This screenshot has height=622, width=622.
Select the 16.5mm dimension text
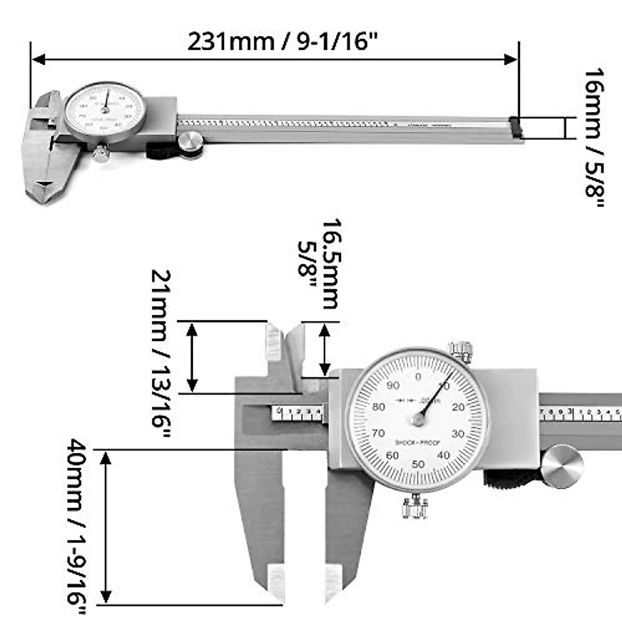tap(330, 264)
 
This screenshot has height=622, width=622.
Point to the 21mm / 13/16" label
tap(161, 352)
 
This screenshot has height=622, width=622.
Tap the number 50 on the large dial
tap(418, 464)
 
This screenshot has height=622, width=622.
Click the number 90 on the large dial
tap(393, 385)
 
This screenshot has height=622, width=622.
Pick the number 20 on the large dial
tap(458, 407)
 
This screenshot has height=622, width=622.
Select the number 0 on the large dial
tap(418, 376)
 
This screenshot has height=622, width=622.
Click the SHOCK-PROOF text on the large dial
tap(417, 442)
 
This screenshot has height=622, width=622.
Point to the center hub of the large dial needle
tap(418, 420)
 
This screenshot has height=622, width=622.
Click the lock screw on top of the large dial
tap(461, 351)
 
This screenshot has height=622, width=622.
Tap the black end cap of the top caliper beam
tap(516, 128)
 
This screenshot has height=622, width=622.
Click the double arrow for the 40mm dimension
tap(106, 527)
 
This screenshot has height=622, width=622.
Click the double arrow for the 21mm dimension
tap(192, 357)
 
